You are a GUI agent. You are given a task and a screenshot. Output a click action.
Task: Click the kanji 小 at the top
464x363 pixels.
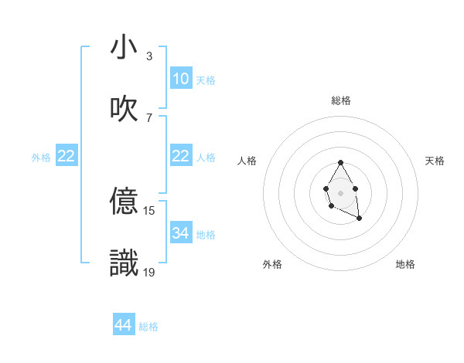[x=125, y=48]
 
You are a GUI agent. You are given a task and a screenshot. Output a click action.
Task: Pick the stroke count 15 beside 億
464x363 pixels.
[x=149, y=210]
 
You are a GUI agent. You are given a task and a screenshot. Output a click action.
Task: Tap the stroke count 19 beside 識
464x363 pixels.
[x=149, y=271]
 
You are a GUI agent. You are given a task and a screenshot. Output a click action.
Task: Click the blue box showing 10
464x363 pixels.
[x=181, y=79]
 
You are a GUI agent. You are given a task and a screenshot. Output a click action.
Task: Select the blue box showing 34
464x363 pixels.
[x=181, y=233]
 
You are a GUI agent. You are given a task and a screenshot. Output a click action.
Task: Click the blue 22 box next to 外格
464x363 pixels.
[x=67, y=156]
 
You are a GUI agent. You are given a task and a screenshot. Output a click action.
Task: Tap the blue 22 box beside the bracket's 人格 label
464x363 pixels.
[x=181, y=156]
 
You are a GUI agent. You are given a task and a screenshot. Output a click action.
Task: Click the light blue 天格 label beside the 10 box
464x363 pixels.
[x=206, y=80]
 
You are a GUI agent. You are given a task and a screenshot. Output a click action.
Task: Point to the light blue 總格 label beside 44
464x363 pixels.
[x=148, y=327]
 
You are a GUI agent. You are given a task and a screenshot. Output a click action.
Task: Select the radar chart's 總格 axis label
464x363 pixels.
[x=341, y=100]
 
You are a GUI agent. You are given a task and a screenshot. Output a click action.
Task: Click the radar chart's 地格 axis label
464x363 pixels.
[x=405, y=264]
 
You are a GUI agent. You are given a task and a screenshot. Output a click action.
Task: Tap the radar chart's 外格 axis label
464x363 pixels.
[x=272, y=264]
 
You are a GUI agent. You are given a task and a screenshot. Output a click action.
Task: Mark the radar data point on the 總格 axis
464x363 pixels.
[x=340, y=162]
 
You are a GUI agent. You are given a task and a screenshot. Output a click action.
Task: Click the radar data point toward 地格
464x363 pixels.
[x=360, y=219]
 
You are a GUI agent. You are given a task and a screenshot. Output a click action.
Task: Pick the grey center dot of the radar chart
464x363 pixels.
[x=340, y=192]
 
